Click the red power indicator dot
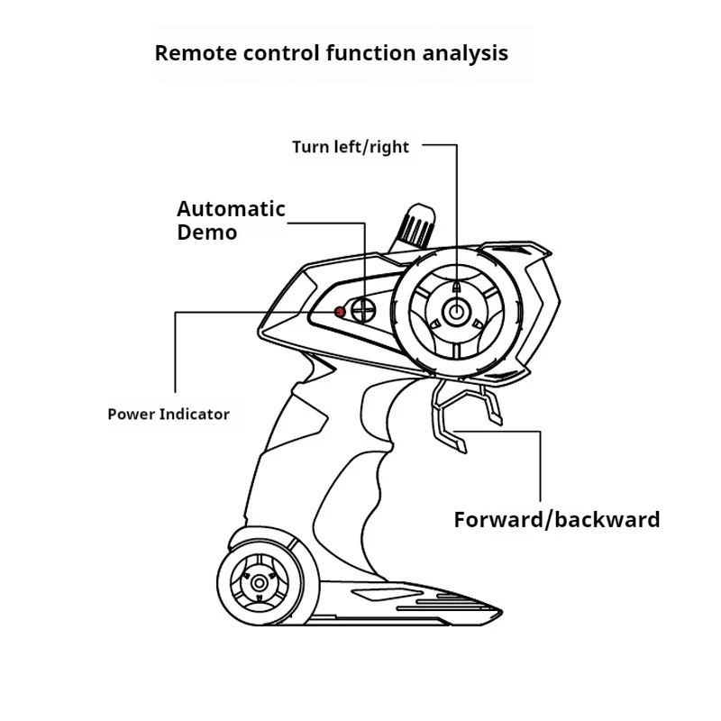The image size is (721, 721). pos(340,312)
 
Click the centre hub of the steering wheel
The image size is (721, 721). pos(456,312)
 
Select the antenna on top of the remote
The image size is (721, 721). pos(413,228)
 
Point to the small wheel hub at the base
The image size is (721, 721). pos(259,583)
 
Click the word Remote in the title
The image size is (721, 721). pos(196,53)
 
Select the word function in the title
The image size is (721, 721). pos(371,52)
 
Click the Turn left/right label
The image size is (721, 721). pos(351,147)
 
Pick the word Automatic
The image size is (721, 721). pos(231,209)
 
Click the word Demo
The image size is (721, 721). pos(207,233)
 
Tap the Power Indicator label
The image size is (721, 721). pos(169,415)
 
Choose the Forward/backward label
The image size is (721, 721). pos(557,520)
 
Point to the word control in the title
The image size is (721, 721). pos(281,53)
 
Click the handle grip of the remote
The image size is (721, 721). pos(322,460)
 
